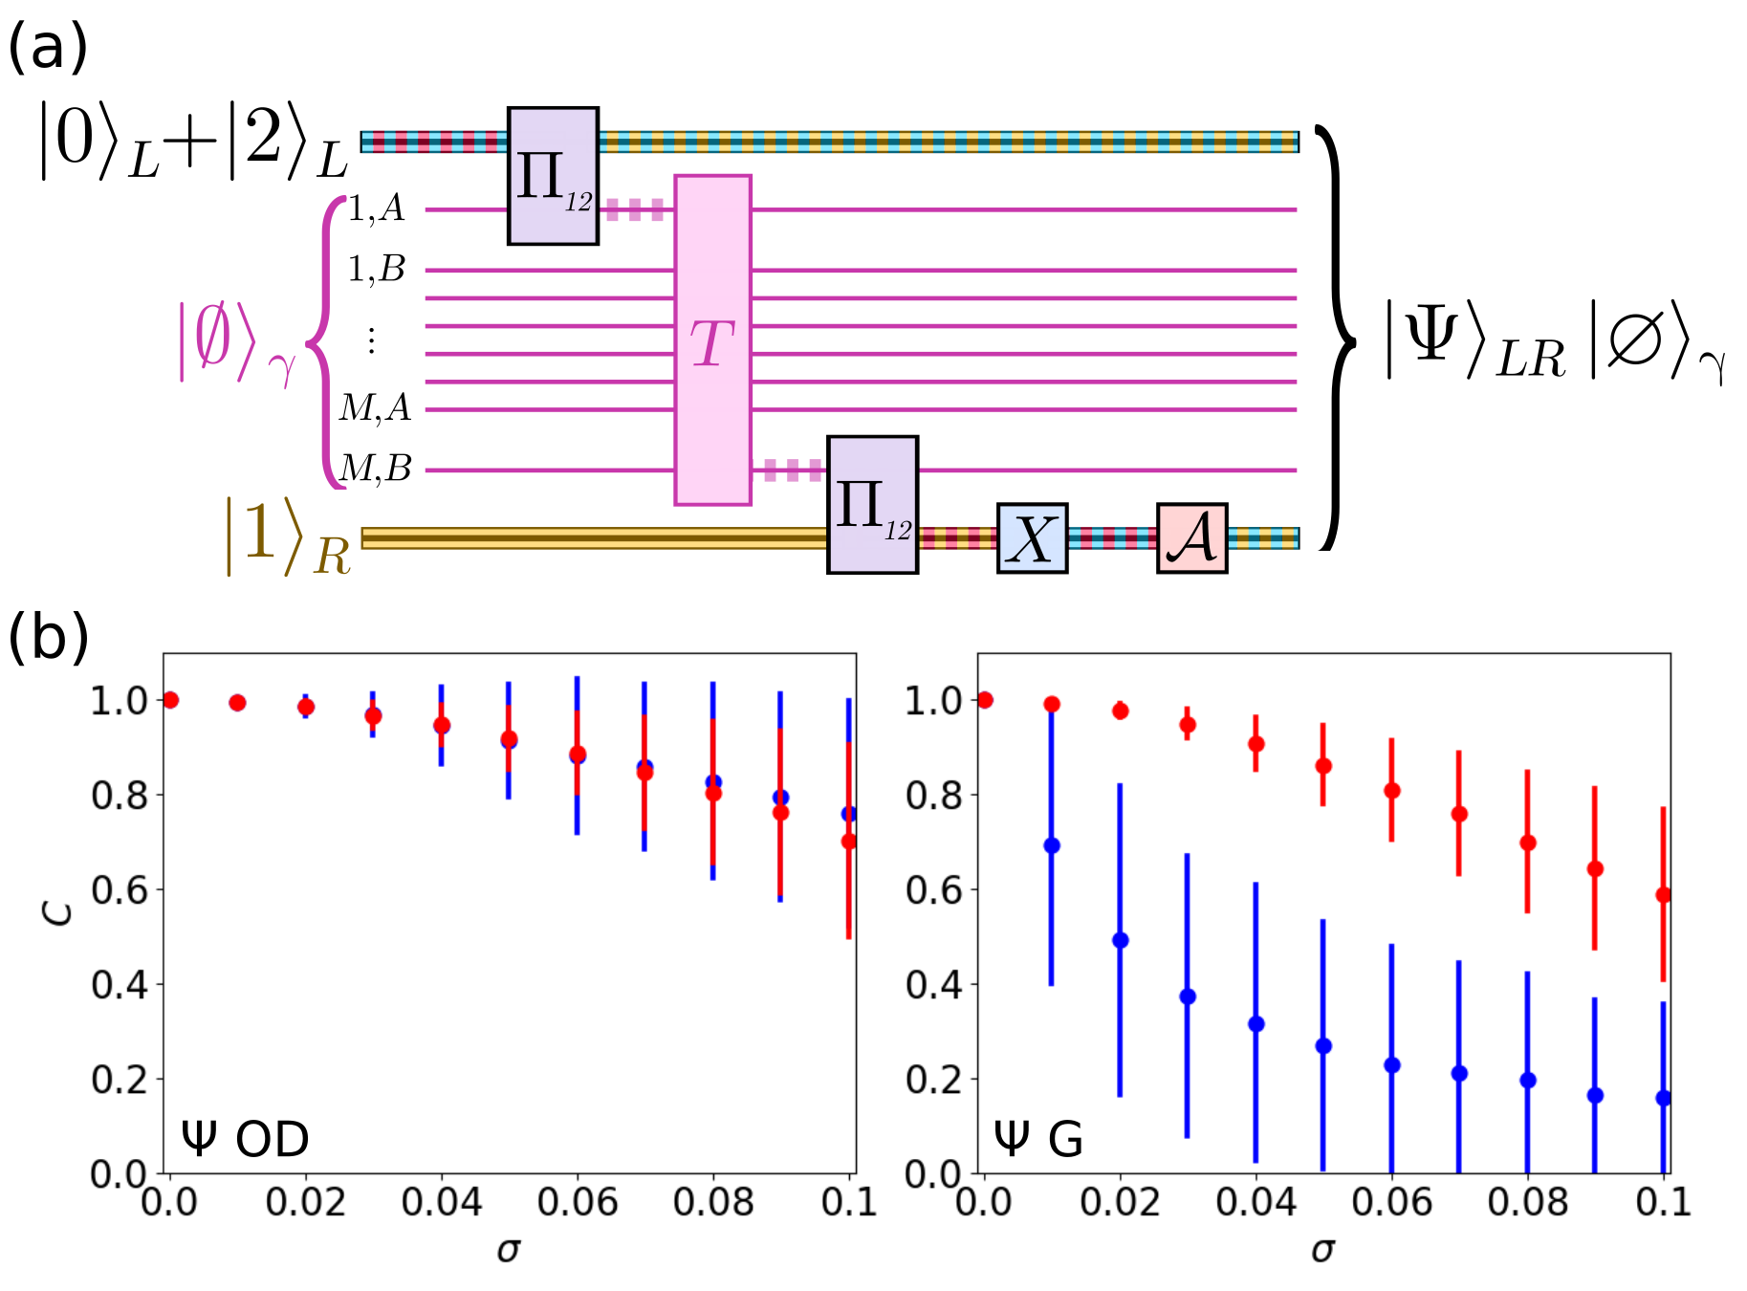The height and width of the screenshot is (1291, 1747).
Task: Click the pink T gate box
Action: pos(712,339)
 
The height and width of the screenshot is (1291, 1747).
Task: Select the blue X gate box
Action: pos(1032,538)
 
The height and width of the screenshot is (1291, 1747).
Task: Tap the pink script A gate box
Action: pos(1191,538)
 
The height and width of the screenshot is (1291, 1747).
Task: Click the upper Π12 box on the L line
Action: pos(553,176)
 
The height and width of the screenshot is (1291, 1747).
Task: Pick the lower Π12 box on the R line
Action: pos(872,505)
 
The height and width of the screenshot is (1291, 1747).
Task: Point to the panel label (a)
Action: pos(48,48)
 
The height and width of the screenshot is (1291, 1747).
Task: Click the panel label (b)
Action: pos(48,638)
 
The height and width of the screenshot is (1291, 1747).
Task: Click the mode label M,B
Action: pos(376,469)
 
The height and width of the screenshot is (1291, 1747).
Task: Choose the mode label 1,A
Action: pos(376,208)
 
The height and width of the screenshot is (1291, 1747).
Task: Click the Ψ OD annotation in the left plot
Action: pos(245,1138)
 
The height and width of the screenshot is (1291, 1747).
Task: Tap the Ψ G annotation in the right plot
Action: pos(1038,1138)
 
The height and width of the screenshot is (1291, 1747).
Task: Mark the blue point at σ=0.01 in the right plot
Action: pos(1052,845)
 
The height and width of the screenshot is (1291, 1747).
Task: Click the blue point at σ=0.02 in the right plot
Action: pos(1121,940)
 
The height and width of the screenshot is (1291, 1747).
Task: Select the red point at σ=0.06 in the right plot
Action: pos(1392,791)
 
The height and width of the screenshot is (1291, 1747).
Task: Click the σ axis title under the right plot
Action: pos(1322,1249)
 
